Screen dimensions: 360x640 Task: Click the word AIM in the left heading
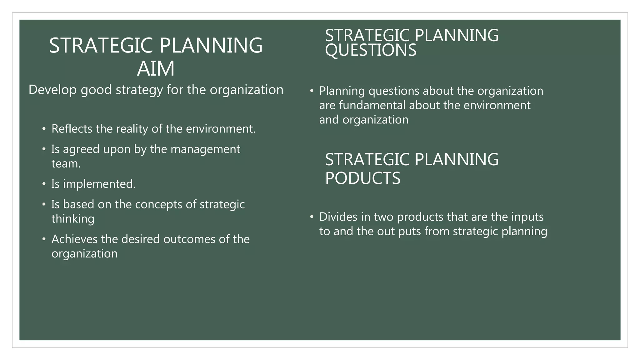pyautogui.click(x=156, y=69)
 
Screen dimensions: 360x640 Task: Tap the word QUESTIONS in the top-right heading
pyautogui.click(x=371, y=50)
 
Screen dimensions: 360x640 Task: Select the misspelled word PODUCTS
pyautogui.click(x=362, y=178)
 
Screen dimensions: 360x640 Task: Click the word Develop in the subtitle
pyautogui.click(x=52, y=90)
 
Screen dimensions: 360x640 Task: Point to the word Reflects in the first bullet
pyautogui.click(x=72, y=129)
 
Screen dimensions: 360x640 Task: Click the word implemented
pyautogui.click(x=99, y=184)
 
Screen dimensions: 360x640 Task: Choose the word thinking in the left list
pyautogui.click(x=73, y=219)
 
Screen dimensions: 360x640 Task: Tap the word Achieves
pyautogui.click(x=74, y=239)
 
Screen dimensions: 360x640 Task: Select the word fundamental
pyautogui.click(x=372, y=105)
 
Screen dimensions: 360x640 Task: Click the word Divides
pyautogui.click(x=337, y=217)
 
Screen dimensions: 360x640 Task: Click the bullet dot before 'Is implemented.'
pyautogui.click(x=44, y=184)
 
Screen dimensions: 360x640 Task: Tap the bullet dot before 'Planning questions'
pyautogui.click(x=312, y=91)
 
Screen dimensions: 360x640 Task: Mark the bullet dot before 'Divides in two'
pyautogui.click(x=312, y=217)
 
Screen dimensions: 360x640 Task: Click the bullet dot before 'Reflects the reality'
pyautogui.click(x=44, y=129)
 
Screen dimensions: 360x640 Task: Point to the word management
pyautogui.click(x=205, y=149)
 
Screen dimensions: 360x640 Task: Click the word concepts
pyautogui.click(x=158, y=204)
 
